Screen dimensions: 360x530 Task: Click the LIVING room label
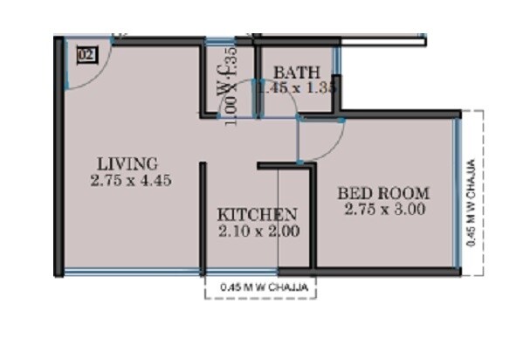pyautogui.click(x=127, y=163)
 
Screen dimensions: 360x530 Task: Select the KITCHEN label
pyautogui.click(x=258, y=215)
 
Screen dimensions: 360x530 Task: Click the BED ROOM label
pyautogui.click(x=384, y=193)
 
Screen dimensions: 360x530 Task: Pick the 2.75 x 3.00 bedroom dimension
pyautogui.click(x=384, y=210)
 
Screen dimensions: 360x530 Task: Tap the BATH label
pyautogui.click(x=297, y=73)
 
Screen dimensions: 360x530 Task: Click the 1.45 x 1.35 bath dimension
pyautogui.click(x=297, y=88)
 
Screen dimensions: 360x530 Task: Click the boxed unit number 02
pyautogui.click(x=86, y=53)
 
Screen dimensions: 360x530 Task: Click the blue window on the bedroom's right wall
pyautogui.click(x=456, y=192)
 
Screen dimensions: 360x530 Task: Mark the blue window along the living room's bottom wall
pyautogui.click(x=131, y=274)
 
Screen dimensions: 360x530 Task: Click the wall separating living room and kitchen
pyautogui.click(x=203, y=218)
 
